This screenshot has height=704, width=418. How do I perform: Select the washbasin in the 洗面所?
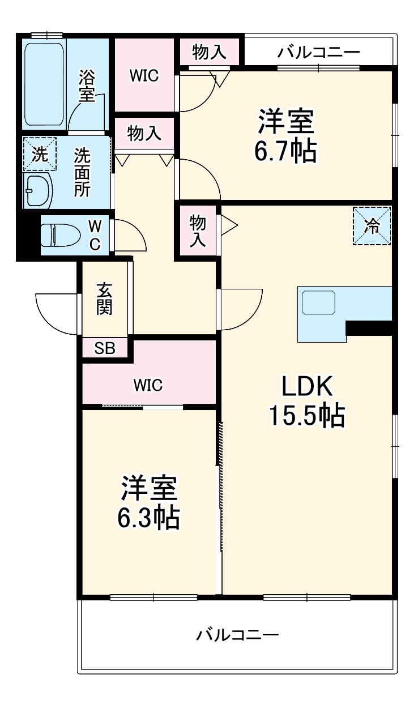pos(37,191)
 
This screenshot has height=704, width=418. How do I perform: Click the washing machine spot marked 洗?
pos(40,154)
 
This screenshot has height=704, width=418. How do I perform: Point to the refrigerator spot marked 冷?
pos(372,226)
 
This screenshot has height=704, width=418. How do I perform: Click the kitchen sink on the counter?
pos(319,302)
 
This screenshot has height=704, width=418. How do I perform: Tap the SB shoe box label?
pos(104,348)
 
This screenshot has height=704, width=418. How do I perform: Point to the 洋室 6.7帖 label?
pos(286,136)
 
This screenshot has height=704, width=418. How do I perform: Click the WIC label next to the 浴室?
pos(143,75)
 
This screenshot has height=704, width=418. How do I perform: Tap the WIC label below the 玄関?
pos(148,386)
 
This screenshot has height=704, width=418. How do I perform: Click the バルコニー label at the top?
pos(318,53)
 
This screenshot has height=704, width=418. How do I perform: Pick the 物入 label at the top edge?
pos(210,52)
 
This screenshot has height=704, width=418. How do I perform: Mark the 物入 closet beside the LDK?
pos(197,231)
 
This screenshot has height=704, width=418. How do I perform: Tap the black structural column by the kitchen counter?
pos(368,328)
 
